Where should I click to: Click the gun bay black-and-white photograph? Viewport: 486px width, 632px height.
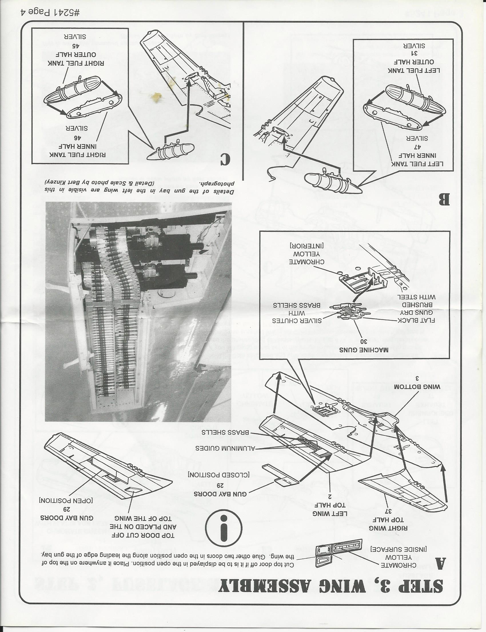[138, 312]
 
